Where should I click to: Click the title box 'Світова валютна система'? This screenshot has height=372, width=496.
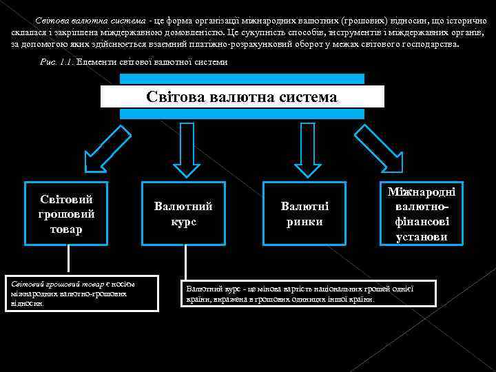pyautogui.click(x=242, y=96)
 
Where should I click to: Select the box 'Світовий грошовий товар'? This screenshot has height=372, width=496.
pyautogui.click(x=66, y=214)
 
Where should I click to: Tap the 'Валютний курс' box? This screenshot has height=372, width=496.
pyautogui.click(x=183, y=214)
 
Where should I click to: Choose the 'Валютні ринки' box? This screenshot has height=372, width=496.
pyautogui.click(x=304, y=214)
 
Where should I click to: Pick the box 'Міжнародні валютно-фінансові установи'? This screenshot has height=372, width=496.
pyautogui.click(x=422, y=214)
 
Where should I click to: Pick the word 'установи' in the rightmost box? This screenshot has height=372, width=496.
pyautogui.click(x=422, y=237)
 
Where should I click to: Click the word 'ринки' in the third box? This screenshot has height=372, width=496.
pyautogui.click(x=304, y=222)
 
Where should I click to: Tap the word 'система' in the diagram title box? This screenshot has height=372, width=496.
pyautogui.click(x=307, y=97)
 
